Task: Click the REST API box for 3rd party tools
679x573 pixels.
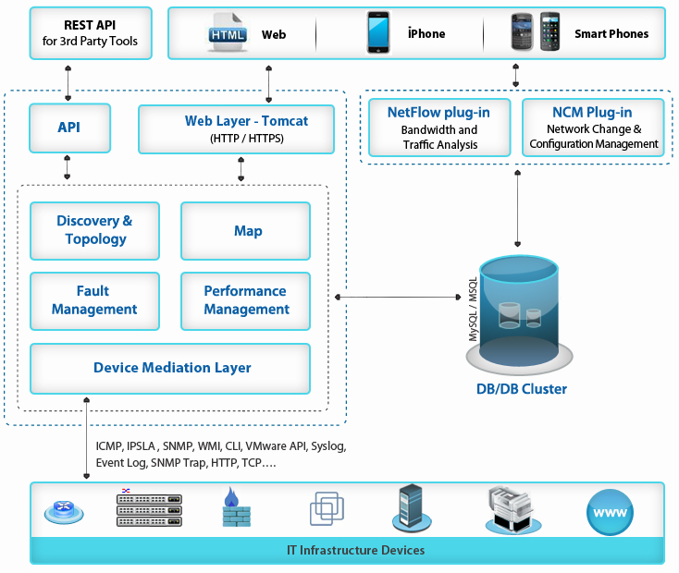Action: (x=90, y=33)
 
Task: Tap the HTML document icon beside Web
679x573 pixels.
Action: (x=229, y=33)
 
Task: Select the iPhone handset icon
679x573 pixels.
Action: (x=377, y=33)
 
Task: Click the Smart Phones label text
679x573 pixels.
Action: (x=611, y=34)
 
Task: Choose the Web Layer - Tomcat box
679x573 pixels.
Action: (x=236, y=128)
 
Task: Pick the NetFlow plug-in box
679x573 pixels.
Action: (x=438, y=128)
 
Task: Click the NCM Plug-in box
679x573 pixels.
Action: (x=594, y=128)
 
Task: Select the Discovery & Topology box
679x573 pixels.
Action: (x=94, y=230)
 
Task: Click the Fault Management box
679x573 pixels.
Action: (x=94, y=300)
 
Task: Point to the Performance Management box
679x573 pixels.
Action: (x=245, y=300)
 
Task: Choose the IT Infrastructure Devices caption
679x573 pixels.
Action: (x=355, y=551)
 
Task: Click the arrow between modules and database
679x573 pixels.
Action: (x=398, y=297)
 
